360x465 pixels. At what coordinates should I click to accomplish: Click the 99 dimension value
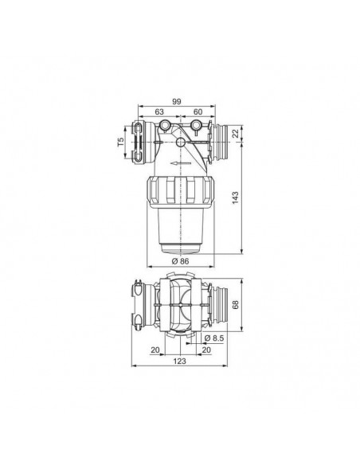point(177,101)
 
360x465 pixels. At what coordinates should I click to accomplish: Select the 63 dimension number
point(159,111)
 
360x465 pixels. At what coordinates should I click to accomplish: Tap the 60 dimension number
point(198,111)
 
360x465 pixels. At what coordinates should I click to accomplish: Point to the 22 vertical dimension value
point(235,134)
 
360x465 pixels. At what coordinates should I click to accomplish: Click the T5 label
point(121,142)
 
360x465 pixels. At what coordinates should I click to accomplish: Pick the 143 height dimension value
point(235,197)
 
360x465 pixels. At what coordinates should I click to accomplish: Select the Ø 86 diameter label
point(180,261)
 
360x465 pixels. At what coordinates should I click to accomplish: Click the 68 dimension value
point(236,305)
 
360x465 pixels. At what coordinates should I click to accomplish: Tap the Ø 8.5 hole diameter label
point(214,338)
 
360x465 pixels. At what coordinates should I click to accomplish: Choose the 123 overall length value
point(180,361)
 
